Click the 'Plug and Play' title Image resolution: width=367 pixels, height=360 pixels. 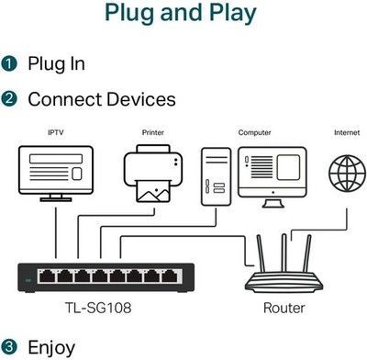click(x=181, y=13)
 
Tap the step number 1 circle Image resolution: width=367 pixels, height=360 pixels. click(x=9, y=63)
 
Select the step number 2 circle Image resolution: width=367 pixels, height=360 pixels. click(x=9, y=99)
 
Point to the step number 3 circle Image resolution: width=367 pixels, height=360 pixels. click(x=9, y=346)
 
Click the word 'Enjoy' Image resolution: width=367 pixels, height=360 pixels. click(x=51, y=348)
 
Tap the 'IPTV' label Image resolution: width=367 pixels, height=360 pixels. click(x=56, y=132)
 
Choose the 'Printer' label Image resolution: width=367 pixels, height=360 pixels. click(x=153, y=132)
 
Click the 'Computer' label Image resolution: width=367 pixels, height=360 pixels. click(x=254, y=133)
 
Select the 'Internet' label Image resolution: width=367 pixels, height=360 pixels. click(x=347, y=132)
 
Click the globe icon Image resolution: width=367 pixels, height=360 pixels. click(x=347, y=174)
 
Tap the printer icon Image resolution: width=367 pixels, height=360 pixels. click(x=153, y=174)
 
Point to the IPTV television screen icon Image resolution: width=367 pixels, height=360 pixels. click(x=56, y=174)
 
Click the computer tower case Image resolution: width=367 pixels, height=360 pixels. click(x=216, y=176)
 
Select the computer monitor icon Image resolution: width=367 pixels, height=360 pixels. click(x=272, y=177)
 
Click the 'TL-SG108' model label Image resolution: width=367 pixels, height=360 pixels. click(x=98, y=308)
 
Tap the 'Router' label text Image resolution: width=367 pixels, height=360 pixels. click(x=284, y=308)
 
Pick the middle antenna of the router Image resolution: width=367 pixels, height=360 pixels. click(x=284, y=253)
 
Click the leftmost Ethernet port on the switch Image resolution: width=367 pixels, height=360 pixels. click(x=47, y=276)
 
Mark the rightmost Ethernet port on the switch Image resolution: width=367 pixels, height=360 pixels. click(x=170, y=276)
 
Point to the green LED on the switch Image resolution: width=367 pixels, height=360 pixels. click(x=28, y=280)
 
